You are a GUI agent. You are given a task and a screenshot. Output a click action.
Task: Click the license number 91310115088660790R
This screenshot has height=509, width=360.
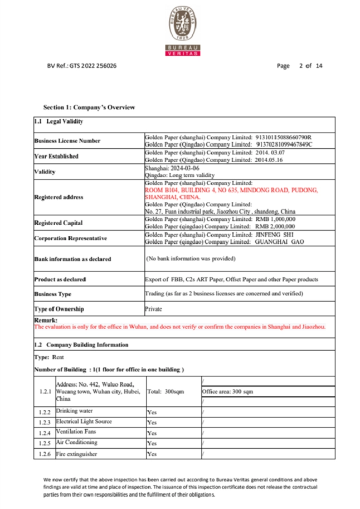pyautogui.click(x=283, y=137)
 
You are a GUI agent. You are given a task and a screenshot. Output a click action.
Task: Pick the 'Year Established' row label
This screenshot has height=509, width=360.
pyautogui.click(x=56, y=156)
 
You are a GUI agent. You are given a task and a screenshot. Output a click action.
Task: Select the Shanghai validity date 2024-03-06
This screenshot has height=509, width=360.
pyautogui.click(x=184, y=168)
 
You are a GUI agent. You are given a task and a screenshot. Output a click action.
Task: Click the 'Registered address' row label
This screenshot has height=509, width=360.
pyautogui.click(x=59, y=197)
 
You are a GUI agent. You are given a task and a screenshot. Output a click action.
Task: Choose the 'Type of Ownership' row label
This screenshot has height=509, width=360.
pyautogui.click(x=59, y=309)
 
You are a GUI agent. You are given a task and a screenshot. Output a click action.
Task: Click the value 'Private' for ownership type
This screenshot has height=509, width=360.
pyautogui.click(x=154, y=309)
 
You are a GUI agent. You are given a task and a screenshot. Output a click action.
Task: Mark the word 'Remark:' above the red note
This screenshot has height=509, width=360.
pyautogui.click(x=46, y=320)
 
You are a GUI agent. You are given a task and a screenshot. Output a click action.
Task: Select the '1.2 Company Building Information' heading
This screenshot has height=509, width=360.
pyautogui.click(x=81, y=345)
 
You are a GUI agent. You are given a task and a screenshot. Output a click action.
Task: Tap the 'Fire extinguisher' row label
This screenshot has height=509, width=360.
pyautogui.click(x=77, y=454)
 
